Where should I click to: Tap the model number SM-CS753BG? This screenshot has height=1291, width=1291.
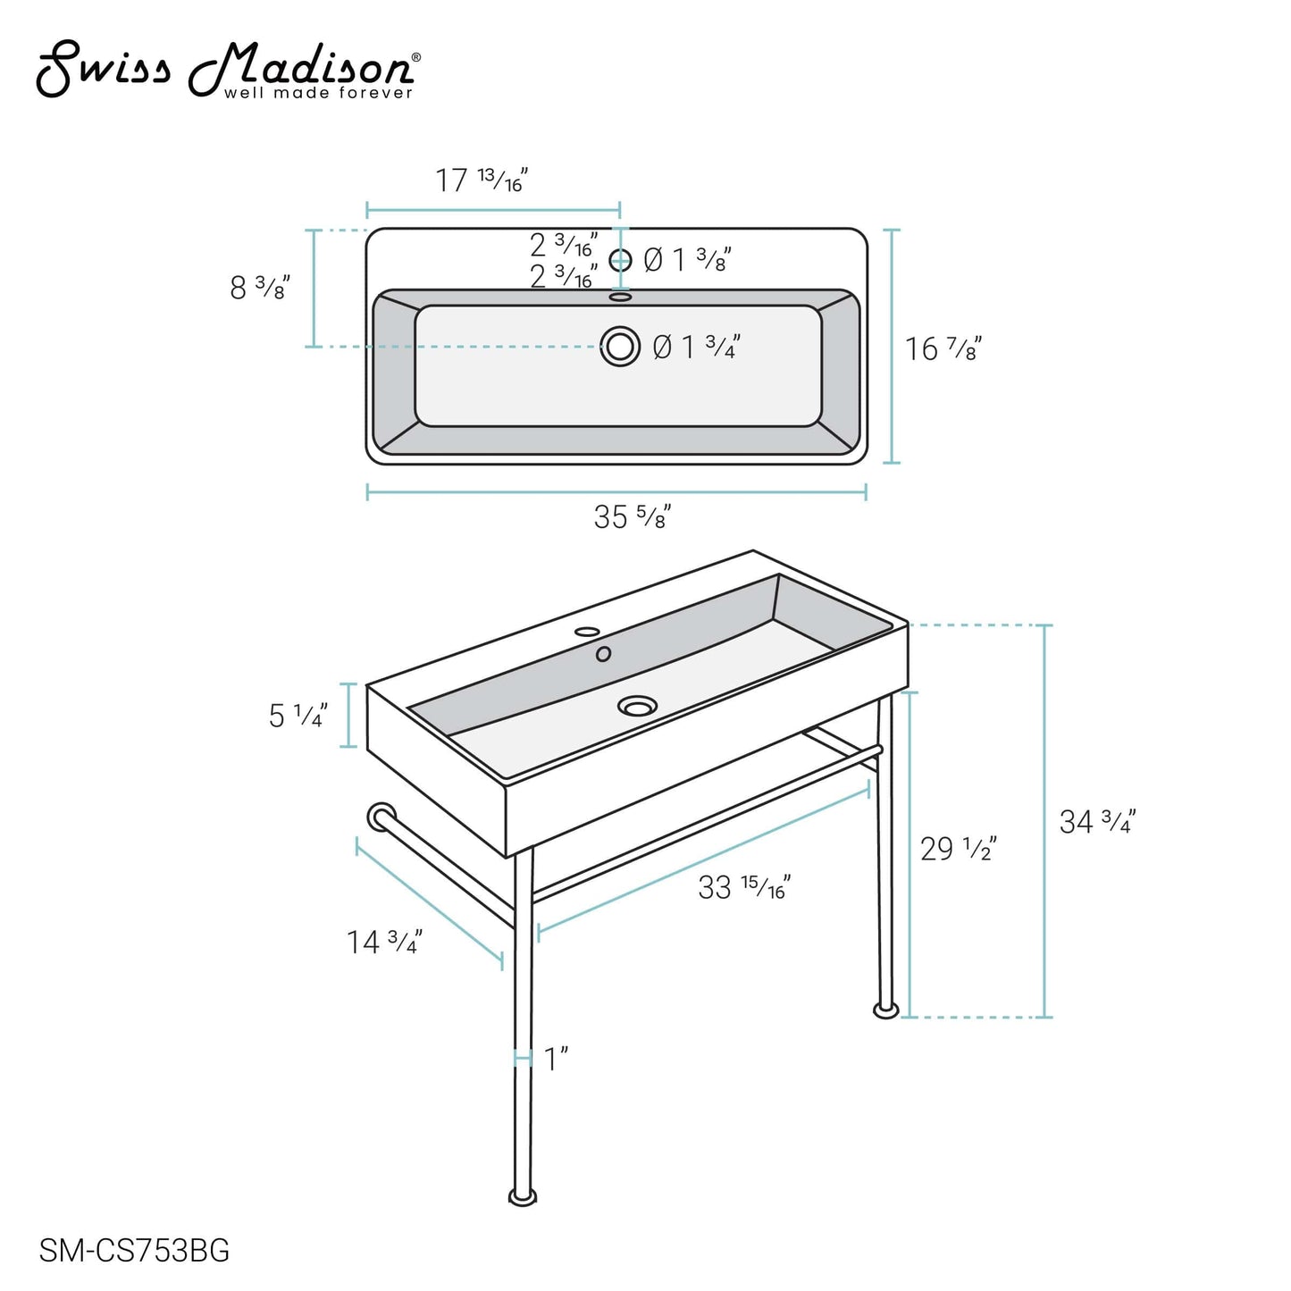click(134, 1251)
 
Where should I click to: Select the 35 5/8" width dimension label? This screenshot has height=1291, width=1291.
click(632, 516)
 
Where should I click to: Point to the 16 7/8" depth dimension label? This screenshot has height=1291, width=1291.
click(943, 348)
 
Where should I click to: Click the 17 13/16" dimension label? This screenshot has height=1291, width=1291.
click(481, 180)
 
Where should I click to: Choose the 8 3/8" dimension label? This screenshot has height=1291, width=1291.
click(259, 288)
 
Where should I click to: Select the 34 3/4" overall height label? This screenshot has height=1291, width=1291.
click(1096, 821)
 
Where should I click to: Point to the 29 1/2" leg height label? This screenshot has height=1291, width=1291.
click(957, 848)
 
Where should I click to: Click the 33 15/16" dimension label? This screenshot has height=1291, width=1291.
click(743, 887)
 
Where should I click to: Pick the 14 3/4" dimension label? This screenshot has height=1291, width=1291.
click(383, 942)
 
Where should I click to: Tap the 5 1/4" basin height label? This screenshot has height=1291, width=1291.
click(298, 715)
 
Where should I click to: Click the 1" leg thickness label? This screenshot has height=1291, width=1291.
click(556, 1059)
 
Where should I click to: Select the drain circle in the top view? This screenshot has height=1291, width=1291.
click(620, 346)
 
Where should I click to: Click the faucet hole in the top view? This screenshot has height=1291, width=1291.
click(620, 260)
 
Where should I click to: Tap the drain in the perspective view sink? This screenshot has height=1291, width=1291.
click(637, 707)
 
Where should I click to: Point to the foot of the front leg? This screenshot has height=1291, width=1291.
click(523, 1195)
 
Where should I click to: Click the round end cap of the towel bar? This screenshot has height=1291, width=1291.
click(381, 817)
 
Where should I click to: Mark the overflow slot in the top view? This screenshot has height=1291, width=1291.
click(620, 298)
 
